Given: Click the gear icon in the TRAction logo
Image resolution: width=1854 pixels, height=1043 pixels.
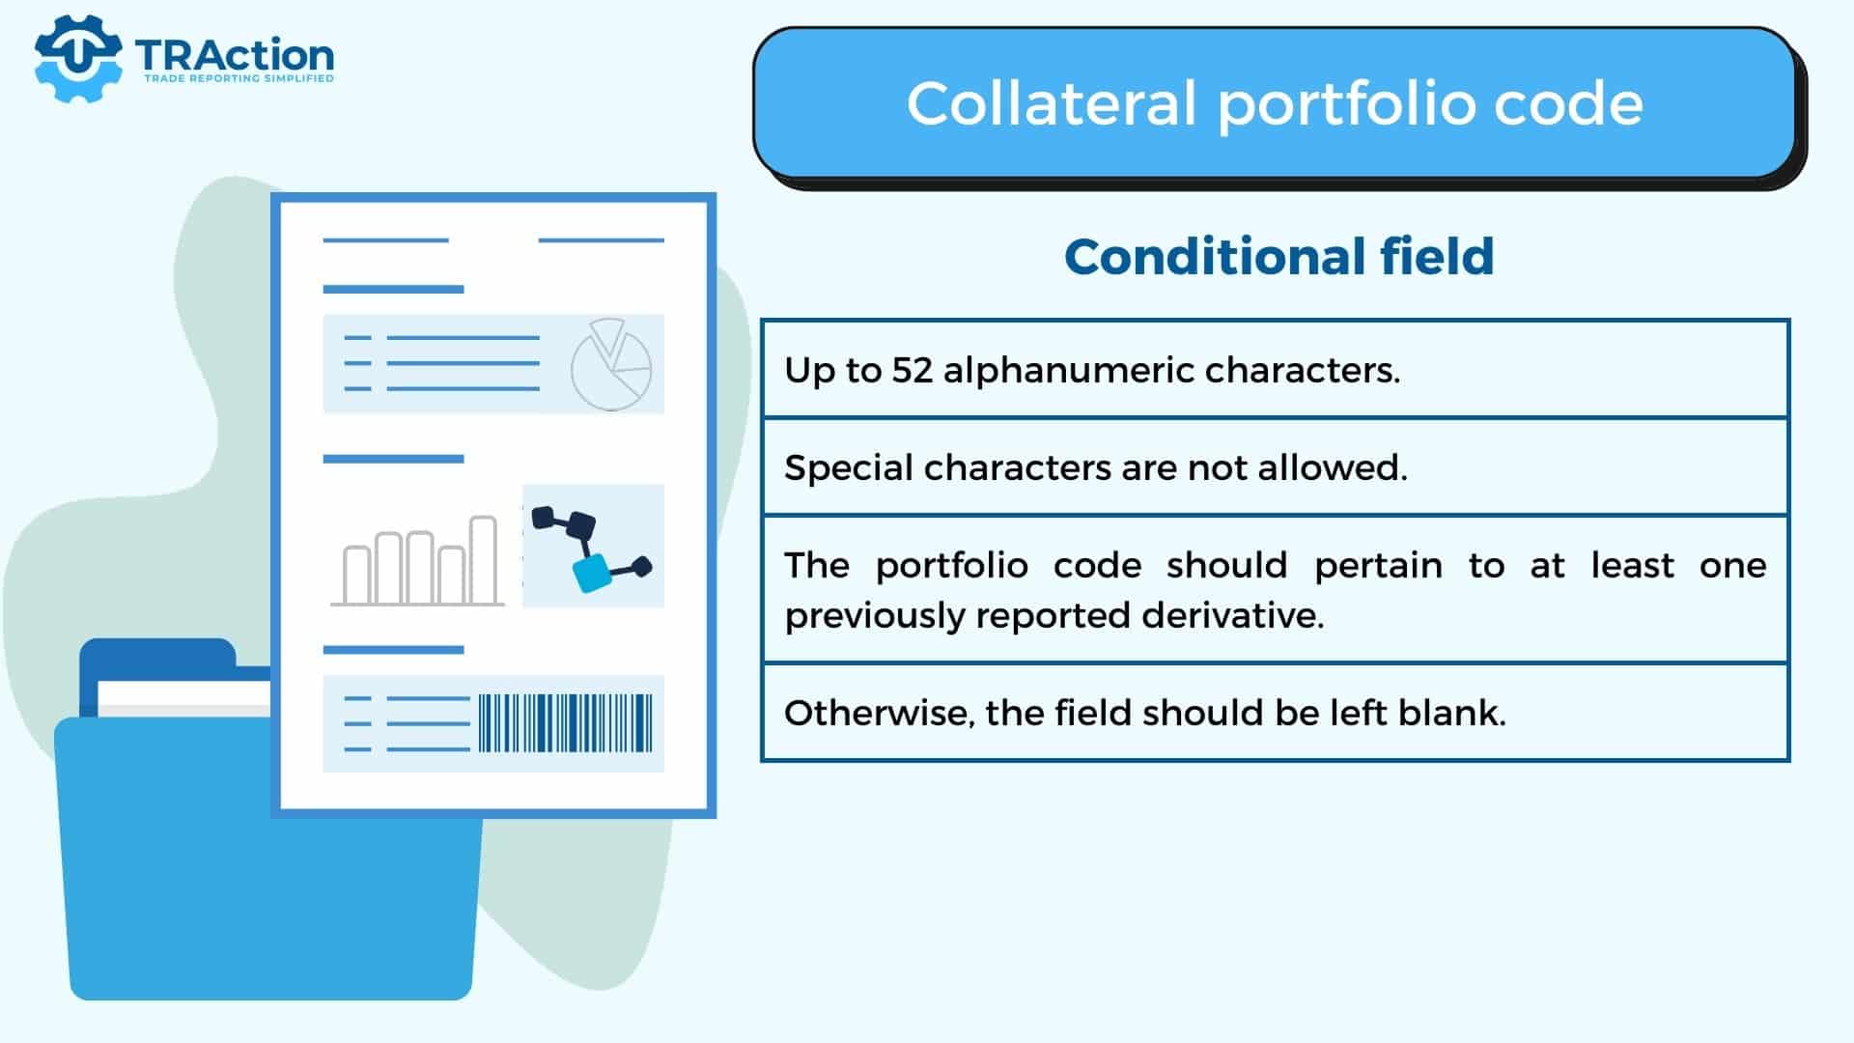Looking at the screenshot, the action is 77,58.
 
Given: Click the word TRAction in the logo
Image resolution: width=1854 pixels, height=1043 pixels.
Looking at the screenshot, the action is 235,55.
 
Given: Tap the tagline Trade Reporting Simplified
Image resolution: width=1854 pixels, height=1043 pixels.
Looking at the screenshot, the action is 239,78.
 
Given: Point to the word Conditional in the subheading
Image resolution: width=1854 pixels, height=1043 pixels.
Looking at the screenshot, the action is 1214,257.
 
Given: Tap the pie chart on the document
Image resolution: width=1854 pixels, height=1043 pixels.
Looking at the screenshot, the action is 611,365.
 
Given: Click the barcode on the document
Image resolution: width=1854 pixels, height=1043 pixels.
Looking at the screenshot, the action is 566,722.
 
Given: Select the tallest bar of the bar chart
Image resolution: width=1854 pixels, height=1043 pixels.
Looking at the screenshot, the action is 483,560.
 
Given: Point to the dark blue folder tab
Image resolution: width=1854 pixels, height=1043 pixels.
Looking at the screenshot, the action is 157,659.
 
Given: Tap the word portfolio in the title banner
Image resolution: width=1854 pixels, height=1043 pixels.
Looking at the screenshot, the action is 1346,104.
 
